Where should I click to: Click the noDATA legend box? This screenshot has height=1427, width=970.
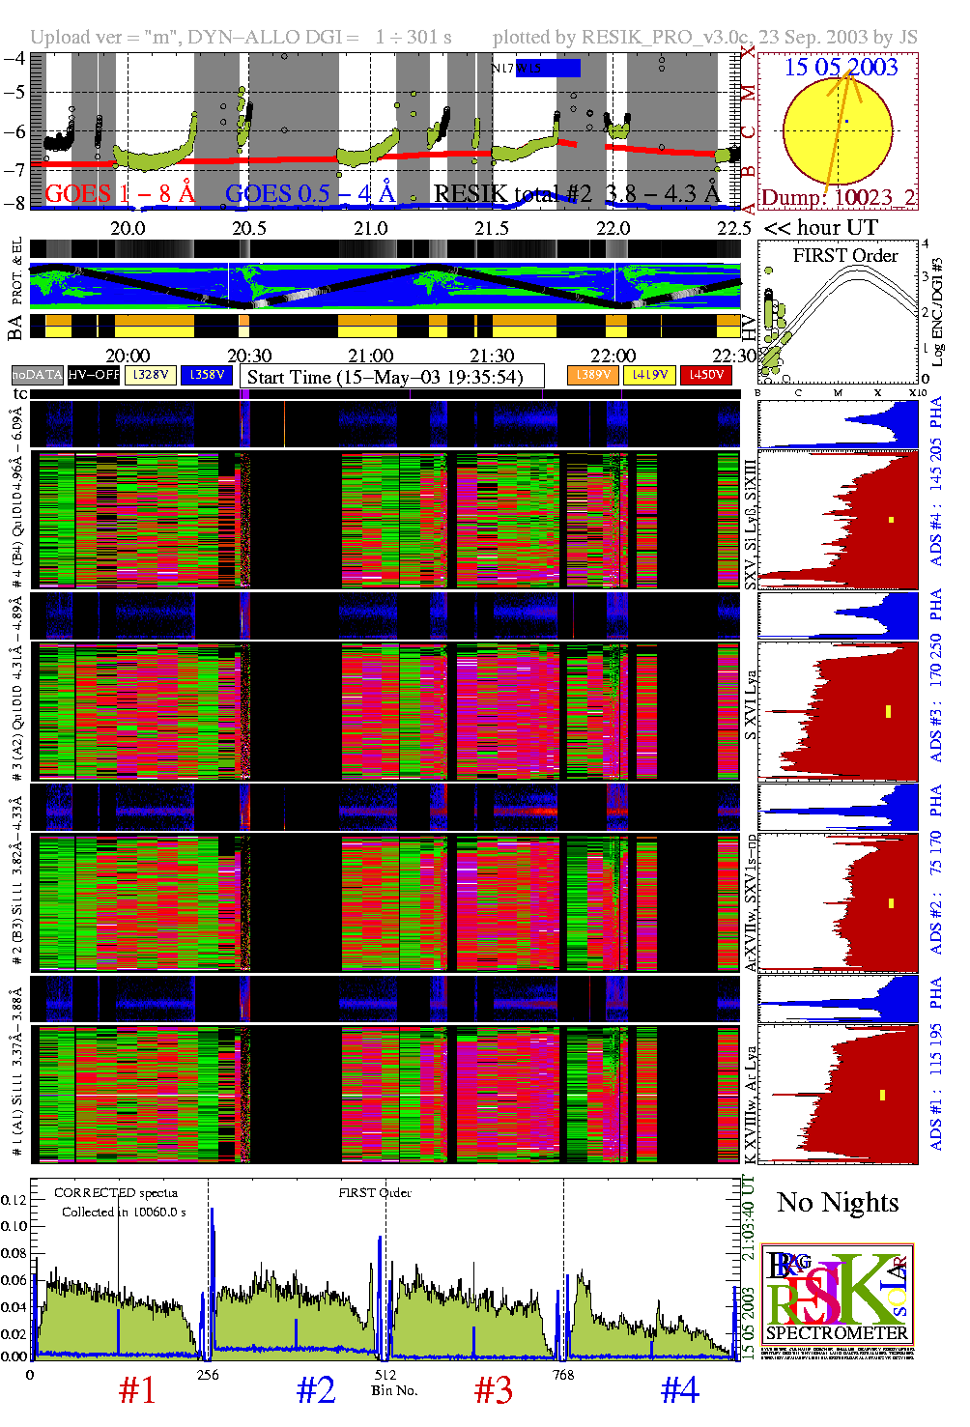[38, 375]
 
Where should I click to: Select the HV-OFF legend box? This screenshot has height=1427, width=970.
[94, 375]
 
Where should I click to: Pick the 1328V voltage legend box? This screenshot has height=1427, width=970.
[151, 375]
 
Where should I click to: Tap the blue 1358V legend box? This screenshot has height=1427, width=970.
[207, 375]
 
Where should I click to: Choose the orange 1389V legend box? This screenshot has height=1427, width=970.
[593, 375]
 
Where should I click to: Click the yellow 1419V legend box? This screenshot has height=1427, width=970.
[649, 375]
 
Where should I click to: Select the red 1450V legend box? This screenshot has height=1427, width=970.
[706, 375]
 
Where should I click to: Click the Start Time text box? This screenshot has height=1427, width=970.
[391, 377]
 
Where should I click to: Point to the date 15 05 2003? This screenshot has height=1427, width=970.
[841, 67]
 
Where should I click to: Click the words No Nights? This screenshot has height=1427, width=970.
[838, 1202]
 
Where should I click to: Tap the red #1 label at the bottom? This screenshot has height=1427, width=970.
[136, 1390]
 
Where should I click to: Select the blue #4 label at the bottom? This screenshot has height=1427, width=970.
[679, 1390]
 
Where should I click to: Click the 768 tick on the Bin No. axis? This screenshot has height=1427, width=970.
[562, 1375]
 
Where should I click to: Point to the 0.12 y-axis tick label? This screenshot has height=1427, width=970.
[14, 1200]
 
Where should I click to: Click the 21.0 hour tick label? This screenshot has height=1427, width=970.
[371, 228]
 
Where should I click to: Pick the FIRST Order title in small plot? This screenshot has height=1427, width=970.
[845, 256]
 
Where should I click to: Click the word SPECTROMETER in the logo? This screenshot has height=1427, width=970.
[837, 1333]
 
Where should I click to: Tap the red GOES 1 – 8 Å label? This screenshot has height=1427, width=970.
[120, 194]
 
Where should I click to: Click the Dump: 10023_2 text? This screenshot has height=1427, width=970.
[839, 198]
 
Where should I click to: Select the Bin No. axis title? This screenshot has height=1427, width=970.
[394, 1390]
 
